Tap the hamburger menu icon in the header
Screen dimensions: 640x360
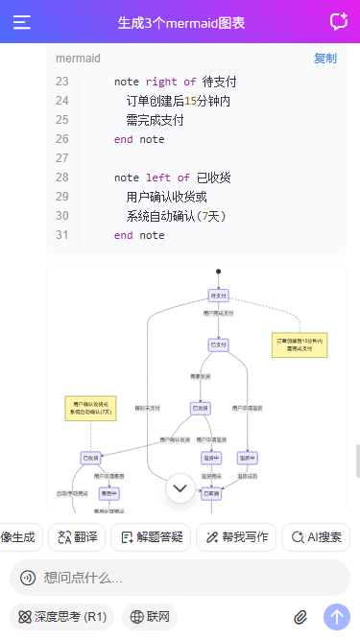[x=22, y=22]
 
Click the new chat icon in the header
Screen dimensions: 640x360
[x=338, y=22]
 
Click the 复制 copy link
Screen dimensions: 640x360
[x=324, y=59]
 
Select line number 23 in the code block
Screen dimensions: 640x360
[x=62, y=83]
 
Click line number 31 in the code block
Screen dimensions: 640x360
[x=62, y=235]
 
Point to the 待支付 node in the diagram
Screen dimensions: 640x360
[x=218, y=296]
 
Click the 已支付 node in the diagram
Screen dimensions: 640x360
[x=218, y=344]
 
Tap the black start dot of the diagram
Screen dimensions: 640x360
[x=219, y=272]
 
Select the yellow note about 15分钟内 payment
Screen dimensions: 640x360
[x=300, y=344]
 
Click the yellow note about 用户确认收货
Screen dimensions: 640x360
[x=90, y=408]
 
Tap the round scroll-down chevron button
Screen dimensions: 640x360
[x=180, y=488]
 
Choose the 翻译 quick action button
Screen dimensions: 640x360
[x=76, y=537]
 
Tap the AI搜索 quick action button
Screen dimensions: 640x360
[x=315, y=537]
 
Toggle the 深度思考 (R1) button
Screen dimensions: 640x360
[x=62, y=616]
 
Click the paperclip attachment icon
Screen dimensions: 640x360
[x=300, y=616]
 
